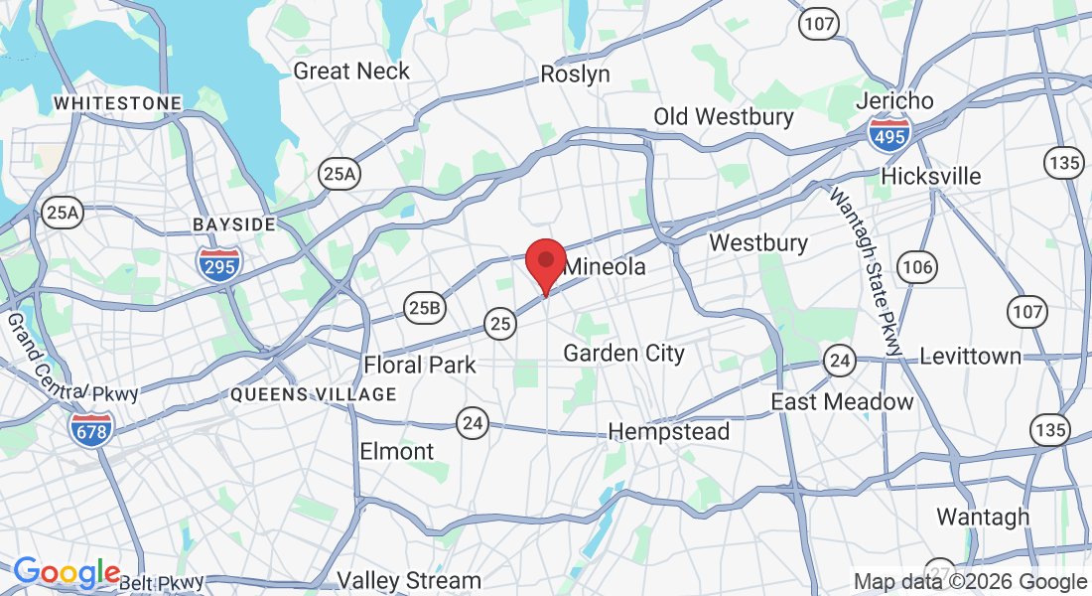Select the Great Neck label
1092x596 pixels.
(x=351, y=72)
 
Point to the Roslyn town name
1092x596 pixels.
(x=575, y=74)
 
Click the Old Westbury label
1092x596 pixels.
(x=724, y=117)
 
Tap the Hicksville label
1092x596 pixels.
(x=931, y=177)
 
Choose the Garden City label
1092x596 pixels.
(x=624, y=353)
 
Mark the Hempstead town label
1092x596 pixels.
(x=668, y=432)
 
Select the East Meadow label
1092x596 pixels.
(x=843, y=401)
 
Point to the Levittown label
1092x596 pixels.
(x=970, y=356)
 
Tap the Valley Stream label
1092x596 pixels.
(x=409, y=580)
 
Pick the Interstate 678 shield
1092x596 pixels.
(x=90, y=428)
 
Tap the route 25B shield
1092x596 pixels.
(x=423, y=308)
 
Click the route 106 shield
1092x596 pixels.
(x=916, y=265)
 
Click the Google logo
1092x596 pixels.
(x=66, y=573)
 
